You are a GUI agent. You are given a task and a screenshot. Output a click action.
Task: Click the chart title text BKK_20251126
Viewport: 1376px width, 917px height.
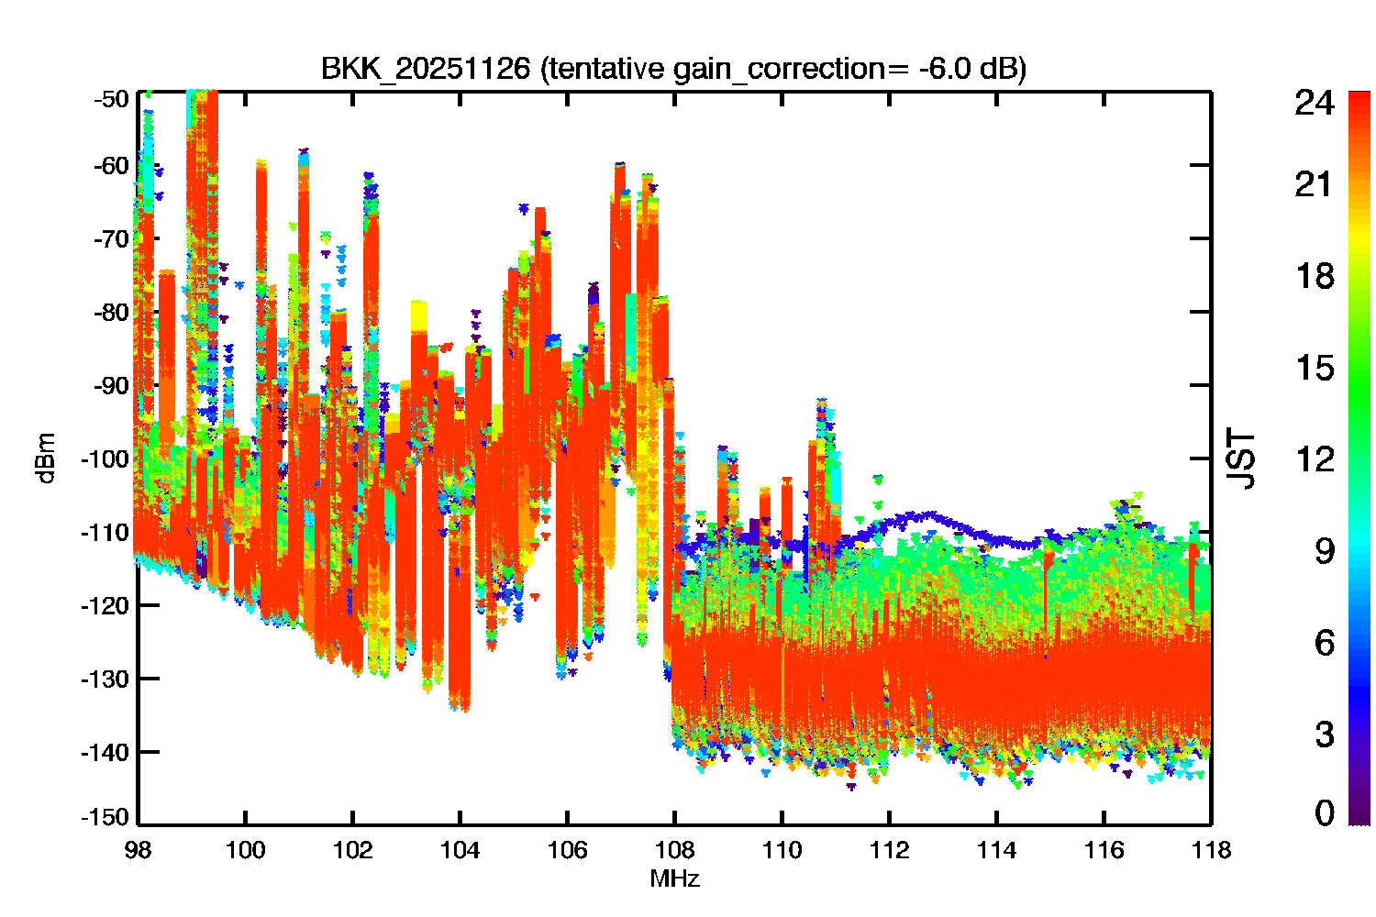(x=425, y=68)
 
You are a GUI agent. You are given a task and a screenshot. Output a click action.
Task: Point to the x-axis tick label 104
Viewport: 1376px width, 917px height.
(x=460, y=851)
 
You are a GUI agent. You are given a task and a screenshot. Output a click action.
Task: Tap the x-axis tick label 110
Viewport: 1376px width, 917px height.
(x=782, y=851)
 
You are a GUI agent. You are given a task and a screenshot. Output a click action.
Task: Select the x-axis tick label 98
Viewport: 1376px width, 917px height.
(x=138, y=851)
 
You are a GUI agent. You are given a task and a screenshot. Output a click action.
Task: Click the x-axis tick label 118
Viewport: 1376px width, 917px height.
(x=1212, y=851)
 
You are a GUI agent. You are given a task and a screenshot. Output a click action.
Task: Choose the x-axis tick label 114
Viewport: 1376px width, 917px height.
(x=996, y=851)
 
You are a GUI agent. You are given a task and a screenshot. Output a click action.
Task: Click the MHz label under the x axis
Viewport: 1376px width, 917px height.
(x=674, y=878)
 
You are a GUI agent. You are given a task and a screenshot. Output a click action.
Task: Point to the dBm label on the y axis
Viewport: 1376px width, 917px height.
(x=46, y=458)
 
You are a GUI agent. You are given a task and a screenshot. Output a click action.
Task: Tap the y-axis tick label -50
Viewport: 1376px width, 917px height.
(x=111, y=99)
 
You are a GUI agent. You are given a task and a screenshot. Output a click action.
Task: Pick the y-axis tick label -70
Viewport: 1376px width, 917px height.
(x=111, y=239)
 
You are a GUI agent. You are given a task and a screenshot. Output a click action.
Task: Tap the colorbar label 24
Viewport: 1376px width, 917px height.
(x=1314, y=103)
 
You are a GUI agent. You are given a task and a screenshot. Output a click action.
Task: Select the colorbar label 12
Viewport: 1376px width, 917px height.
(x=1315, y=459)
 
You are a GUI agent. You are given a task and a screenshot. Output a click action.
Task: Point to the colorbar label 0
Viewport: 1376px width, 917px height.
(x=1325, y=812)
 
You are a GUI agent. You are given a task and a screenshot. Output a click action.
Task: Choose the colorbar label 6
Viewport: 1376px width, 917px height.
(x=1325, y=643)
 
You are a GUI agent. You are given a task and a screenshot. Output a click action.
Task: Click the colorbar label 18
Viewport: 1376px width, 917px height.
(x=1315, y=276)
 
